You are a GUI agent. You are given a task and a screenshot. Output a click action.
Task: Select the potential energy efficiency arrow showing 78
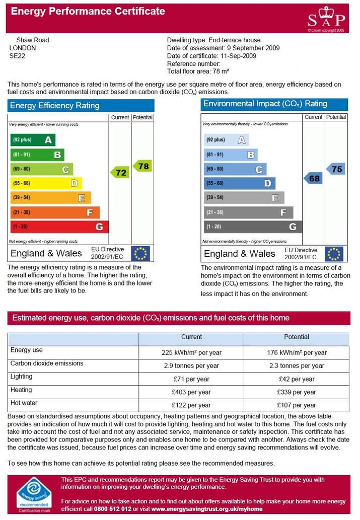pyautogui.click(x=142, y=166)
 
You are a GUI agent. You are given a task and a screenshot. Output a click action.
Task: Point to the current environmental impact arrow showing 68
pyautogui.click(x=313, y=178)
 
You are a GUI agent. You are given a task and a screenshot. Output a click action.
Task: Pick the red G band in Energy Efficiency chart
pyautogui.click(x=59, y=227)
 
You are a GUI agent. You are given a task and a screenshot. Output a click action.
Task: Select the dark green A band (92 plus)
pyautogui.click(x=33, y=140)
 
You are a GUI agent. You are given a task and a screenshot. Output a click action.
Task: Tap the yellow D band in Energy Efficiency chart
pyautogui.click(x=46, y=183)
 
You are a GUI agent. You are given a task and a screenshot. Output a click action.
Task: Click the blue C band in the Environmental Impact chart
pyautogui.click(x=235, y=169)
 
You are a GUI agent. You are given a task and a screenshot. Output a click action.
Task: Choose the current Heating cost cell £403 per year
pyautogui.click(x=191, y=392)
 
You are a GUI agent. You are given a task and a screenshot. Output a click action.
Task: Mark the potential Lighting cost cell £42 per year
pyautogui.click(x=297, y=379)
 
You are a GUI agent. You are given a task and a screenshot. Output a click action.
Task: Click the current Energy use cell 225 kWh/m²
pyautogui.click(x=191, y=352)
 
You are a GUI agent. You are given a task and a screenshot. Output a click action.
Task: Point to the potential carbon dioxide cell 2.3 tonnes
pyautogui.click(x=297, y=366)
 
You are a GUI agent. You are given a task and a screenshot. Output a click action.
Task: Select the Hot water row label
pyautogui.click(x=24, y=403)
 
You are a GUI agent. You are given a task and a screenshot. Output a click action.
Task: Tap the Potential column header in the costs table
pyautogui.click(x=296, y=337)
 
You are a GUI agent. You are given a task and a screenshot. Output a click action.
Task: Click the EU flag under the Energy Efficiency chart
pyautogui.click(x=140, y=253)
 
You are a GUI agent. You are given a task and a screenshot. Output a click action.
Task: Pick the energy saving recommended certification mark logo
pyautogui.click(x=34, y=495)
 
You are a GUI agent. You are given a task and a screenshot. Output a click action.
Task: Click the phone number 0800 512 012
pyautogui.click(x=112, y=509)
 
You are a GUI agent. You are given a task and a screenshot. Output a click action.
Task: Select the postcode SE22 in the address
pyautogui.click(x=17, y=56)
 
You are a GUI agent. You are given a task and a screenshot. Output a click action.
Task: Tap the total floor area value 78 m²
pyautogui.click(x=221, y=71)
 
